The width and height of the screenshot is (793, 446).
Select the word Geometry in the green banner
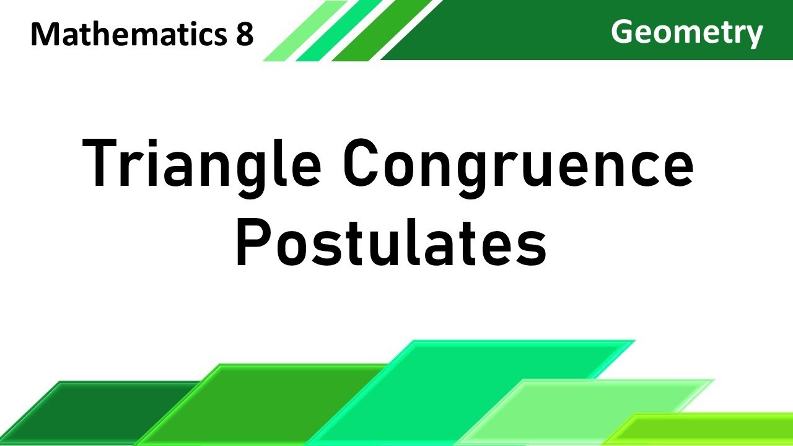(x=686, y=32)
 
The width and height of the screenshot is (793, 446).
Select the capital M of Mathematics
(x=45, y=35)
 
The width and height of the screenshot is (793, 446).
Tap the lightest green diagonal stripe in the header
(x=304, y=31)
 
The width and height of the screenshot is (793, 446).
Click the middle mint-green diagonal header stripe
(x=338, y=31)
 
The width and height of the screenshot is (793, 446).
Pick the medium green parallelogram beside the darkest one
(x=260, y=403)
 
